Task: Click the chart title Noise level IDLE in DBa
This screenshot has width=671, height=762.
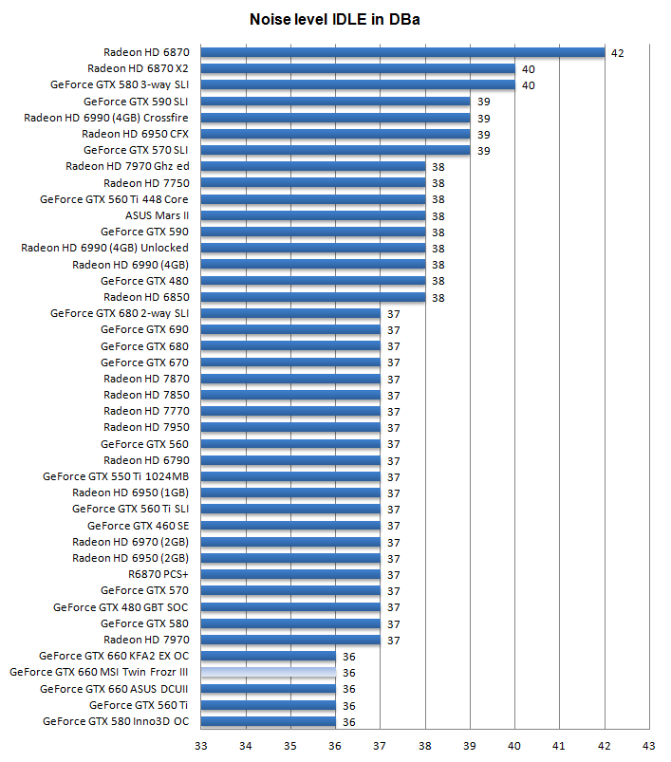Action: [335, 19]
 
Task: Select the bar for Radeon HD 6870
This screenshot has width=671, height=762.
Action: [402, 52]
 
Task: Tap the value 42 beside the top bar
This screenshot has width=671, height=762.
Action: [617, 53]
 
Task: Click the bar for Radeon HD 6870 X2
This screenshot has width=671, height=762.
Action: [358, 68]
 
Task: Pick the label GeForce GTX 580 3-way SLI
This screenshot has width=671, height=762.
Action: [120, 84]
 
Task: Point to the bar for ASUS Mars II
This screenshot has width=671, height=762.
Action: [313, 215]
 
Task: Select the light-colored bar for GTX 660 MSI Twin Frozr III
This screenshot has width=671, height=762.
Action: [269, 673]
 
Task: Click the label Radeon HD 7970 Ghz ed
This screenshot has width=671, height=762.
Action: [127, 166]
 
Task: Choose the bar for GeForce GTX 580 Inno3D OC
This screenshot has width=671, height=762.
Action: [269, 722]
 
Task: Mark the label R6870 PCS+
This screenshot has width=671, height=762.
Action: [158, 575]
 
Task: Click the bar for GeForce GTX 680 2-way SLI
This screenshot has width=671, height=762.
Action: [290, 313]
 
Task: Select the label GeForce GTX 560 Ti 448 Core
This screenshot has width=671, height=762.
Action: [114, 199]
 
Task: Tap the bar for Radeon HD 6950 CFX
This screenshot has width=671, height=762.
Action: [335, 134]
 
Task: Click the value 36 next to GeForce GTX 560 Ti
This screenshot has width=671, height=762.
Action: [348, 706]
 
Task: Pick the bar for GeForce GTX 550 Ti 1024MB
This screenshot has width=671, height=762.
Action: [290, 476]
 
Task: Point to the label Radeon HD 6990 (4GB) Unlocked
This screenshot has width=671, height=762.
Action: [104, 248]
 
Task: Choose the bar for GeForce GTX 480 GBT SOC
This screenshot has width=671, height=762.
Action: [290, 607]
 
